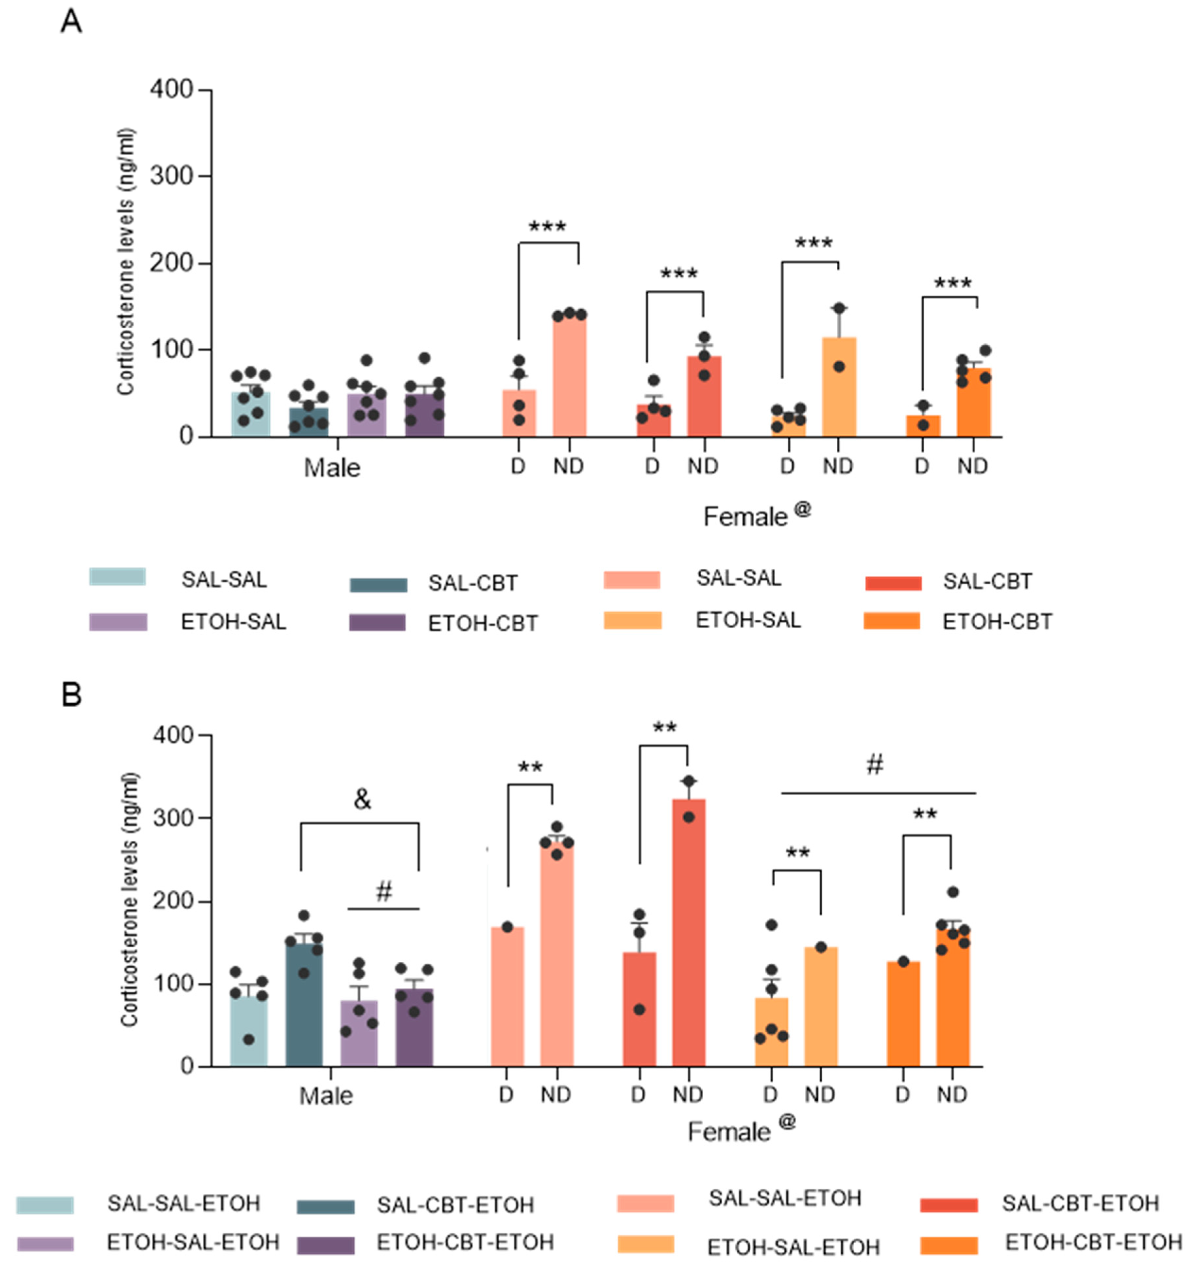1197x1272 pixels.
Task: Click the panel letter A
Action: pos(71,22)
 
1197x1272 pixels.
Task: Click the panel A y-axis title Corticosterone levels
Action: pos(126,262)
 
